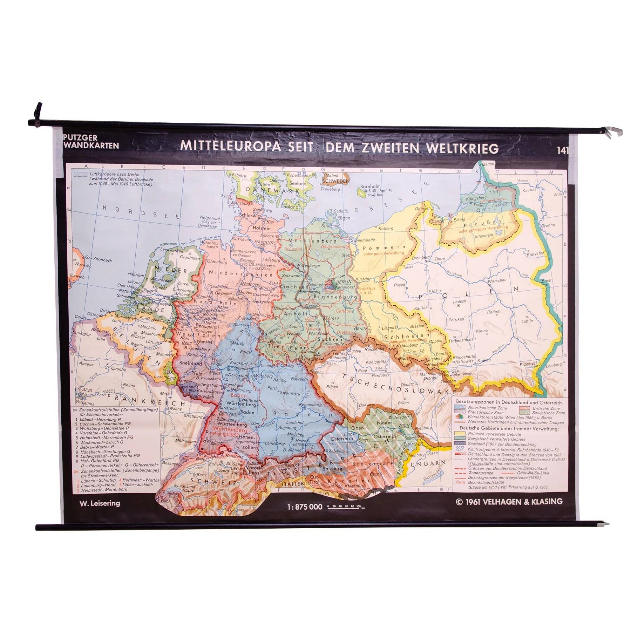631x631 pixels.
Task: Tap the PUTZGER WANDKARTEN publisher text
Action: [91, 142]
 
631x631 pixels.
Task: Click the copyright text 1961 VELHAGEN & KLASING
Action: [509, 502]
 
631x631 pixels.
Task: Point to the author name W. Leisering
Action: [100, 503]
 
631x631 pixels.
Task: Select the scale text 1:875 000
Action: [305, 507]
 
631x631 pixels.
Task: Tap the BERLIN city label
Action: [343, 282]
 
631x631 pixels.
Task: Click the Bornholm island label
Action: [371, 186]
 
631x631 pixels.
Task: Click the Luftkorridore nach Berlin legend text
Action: [114, 174]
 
